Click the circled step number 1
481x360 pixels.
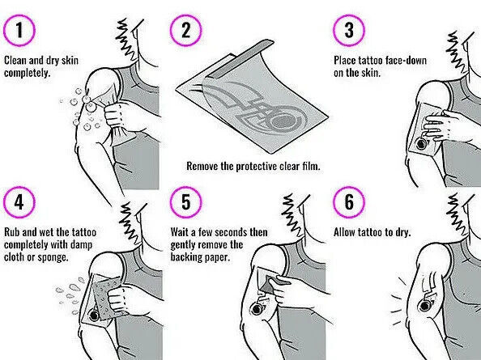pyautogui.click(x=19, y=31)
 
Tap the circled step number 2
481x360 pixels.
pyautogui.click(x=186, y=31)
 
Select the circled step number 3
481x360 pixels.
pyautogui.click(x=349, y=31)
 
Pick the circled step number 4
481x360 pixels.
pyautogui.click(x=19, y=202)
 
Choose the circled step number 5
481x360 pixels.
pyautogui.click(x=186, y=202)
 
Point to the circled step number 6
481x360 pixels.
pyautogui.click(x=349, y=202)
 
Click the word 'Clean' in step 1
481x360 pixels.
pyautogui.click(x=15, y=60)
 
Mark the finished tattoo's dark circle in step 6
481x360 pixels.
pyautogui.click(x=425, y=306)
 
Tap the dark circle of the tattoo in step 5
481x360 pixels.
pyautogui.click(x=257, y=309)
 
